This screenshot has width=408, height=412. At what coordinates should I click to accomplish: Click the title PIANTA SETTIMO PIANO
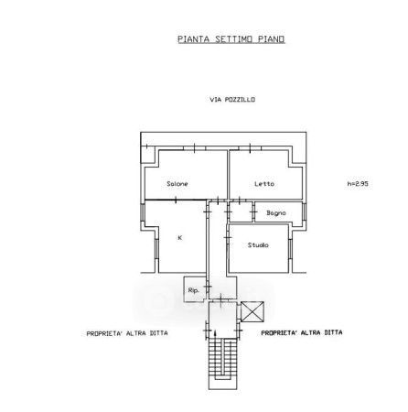click(x=231, y=39)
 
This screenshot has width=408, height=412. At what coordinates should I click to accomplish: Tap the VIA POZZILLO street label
click(x=232, y=100)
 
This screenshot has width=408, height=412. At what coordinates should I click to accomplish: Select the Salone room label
click(x=177, y=184)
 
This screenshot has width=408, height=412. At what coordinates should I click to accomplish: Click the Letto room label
click(x=264, y=184)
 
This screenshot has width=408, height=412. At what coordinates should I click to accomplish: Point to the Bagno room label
click(x=276, y=213)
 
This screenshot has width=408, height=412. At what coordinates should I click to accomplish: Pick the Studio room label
click(x=258, y=244)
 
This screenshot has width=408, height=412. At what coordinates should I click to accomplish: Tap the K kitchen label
click(x=180, y=237)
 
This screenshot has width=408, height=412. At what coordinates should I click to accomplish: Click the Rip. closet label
click(x=193, y=290)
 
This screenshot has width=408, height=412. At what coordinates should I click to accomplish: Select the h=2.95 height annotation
click(x=358, y=183)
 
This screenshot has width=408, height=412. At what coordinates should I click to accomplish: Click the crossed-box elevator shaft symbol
click(x=252, y=311)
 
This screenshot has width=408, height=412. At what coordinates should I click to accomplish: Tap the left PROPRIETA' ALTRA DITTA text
click(x=127, y=333)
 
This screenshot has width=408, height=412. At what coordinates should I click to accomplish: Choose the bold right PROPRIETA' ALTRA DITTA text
click(x=302, y=332)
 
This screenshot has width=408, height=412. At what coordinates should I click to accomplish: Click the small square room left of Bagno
click(x=241, y=211)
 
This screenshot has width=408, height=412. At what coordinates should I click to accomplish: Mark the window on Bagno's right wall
click(x=305, y=211)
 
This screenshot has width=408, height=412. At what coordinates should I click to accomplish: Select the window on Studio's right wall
click(x=290, y=249)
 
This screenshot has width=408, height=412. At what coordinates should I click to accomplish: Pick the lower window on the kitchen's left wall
click(x=156, y=249)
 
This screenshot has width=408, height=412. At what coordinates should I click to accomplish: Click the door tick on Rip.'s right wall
click(x=208, y=287)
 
